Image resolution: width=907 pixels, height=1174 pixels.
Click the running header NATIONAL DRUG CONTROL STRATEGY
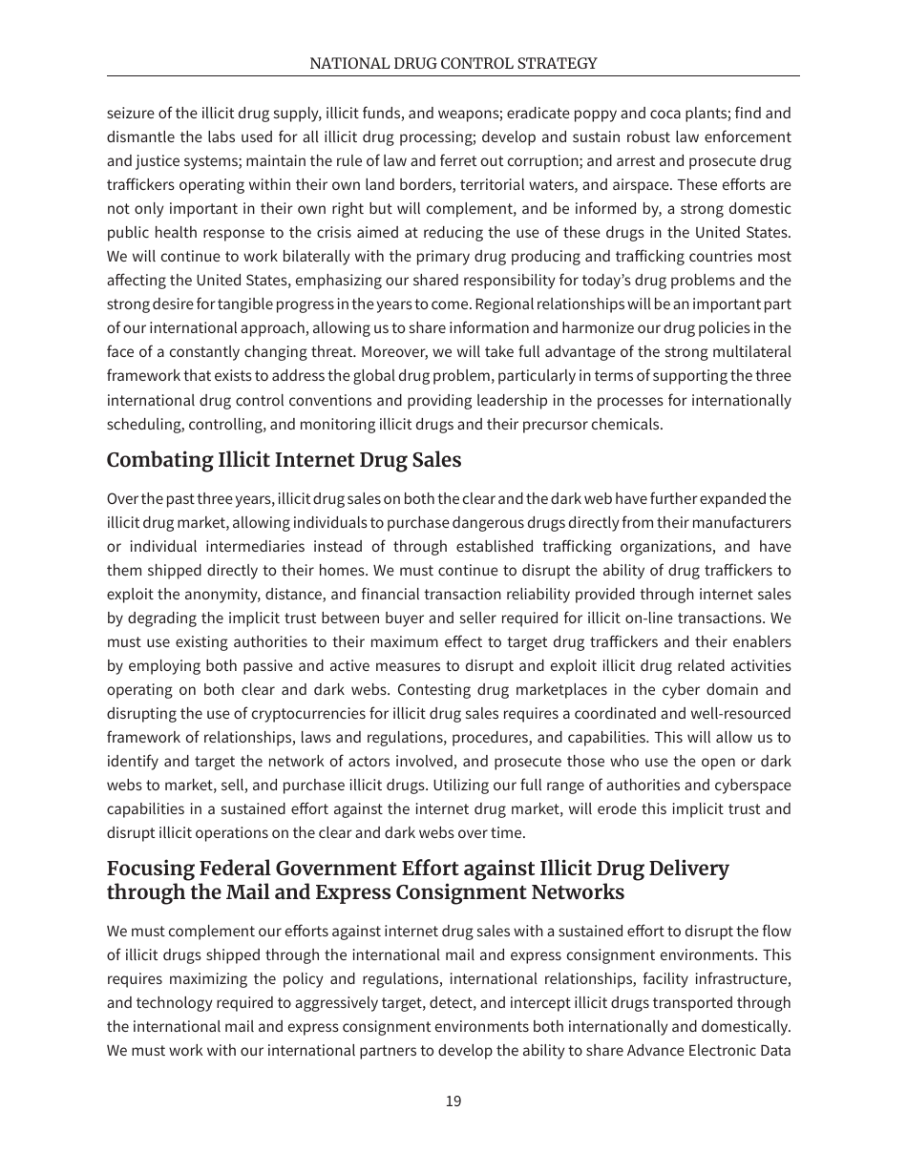(x=453, y=63)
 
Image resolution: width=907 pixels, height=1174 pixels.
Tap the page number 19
(x=453, y=1101)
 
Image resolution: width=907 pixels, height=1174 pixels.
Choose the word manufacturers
(x=739, y=523)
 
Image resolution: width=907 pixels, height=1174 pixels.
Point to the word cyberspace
(x=749, y=786)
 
